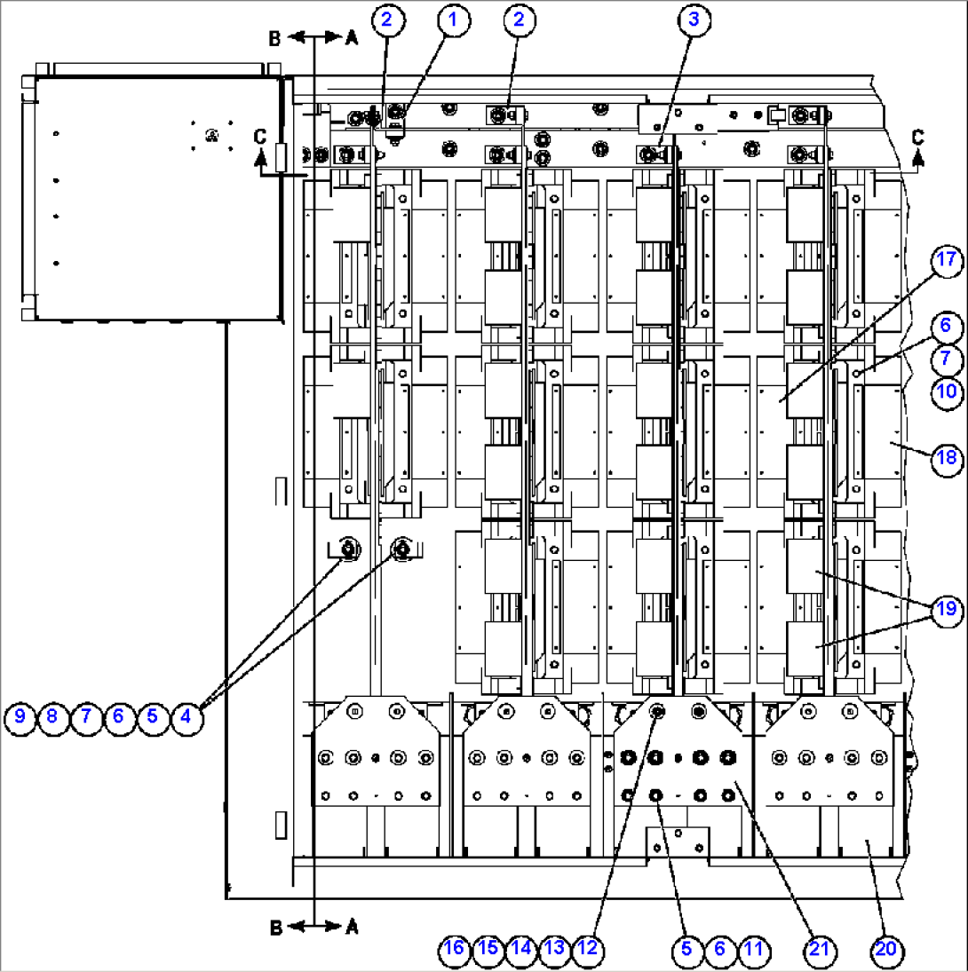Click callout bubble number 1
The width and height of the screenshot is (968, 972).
[453, 21]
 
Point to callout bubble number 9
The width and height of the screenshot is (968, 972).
[19, 716]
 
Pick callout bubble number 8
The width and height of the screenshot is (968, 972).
[52, 716]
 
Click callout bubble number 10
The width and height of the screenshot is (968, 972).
[947, 391]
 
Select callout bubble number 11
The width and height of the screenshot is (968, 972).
[753, 949]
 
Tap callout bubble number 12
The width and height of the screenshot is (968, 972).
[586, 949]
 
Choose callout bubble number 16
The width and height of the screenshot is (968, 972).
[454, 949]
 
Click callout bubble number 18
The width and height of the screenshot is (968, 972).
[947, 458]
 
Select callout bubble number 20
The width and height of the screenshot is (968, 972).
[885, 949]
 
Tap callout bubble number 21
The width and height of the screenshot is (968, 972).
[819, 949]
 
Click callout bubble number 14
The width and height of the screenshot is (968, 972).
[520, 949]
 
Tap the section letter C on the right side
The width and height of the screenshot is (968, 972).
[917, 136]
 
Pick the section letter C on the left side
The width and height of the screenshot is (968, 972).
[259, 136]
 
